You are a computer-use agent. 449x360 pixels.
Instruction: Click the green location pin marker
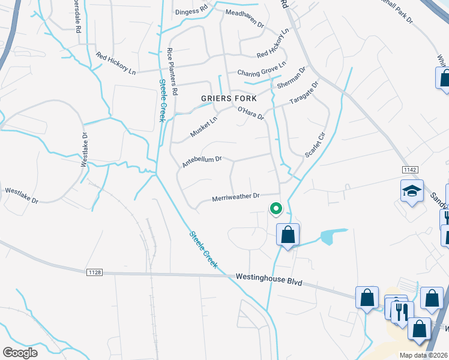[276, 209]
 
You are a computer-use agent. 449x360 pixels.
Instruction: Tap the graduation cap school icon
[412, 191]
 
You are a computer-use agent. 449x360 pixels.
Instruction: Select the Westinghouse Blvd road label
[268, 280]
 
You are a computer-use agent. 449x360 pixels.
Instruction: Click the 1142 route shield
[411, 170]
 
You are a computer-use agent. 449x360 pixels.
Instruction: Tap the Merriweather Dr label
[235, 196]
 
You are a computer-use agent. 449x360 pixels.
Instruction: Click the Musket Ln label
[203, 127]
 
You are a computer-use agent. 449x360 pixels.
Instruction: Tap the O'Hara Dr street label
[251, 113]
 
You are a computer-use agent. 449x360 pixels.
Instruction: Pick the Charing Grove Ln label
[262, 73]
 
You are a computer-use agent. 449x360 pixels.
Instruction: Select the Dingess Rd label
[191, 11]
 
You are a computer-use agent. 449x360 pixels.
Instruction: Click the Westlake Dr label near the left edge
[22, 196]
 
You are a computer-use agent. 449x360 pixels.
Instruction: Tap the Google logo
[20, 352]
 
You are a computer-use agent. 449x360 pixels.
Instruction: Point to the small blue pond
[334, 236]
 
